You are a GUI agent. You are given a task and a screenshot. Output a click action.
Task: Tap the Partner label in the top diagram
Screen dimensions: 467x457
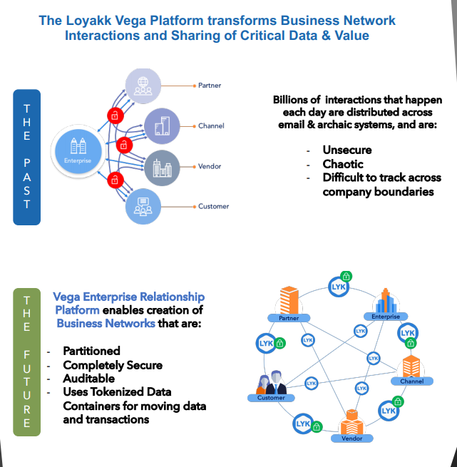[x=210, y=86]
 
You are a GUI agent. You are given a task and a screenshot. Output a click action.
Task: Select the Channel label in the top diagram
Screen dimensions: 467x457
[x=211, y=125]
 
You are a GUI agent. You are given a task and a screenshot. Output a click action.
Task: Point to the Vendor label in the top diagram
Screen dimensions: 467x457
[x=210, y=166]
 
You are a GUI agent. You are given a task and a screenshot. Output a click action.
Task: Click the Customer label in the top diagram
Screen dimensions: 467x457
[x=213, y=206]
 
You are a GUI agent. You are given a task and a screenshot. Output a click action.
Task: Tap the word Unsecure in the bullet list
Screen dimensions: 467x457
[x=347, y=150]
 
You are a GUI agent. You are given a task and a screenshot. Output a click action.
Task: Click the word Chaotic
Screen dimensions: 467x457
[x=344, y=163]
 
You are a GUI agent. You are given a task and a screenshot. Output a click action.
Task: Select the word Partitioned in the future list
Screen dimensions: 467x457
[x=91, y=351]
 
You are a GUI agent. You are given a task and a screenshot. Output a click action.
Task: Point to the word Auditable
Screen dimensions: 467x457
[x=88, y=379]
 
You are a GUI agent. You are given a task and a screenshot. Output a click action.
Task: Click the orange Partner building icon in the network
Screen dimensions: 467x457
[x=289, y=299]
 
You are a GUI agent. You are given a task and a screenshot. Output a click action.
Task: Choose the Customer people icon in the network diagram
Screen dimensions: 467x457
[x=270, y=383]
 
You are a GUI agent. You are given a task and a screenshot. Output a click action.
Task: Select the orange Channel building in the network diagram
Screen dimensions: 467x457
[x=412, y=366]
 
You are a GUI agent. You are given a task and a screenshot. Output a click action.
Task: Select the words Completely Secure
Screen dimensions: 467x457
[x=113, y=365]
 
